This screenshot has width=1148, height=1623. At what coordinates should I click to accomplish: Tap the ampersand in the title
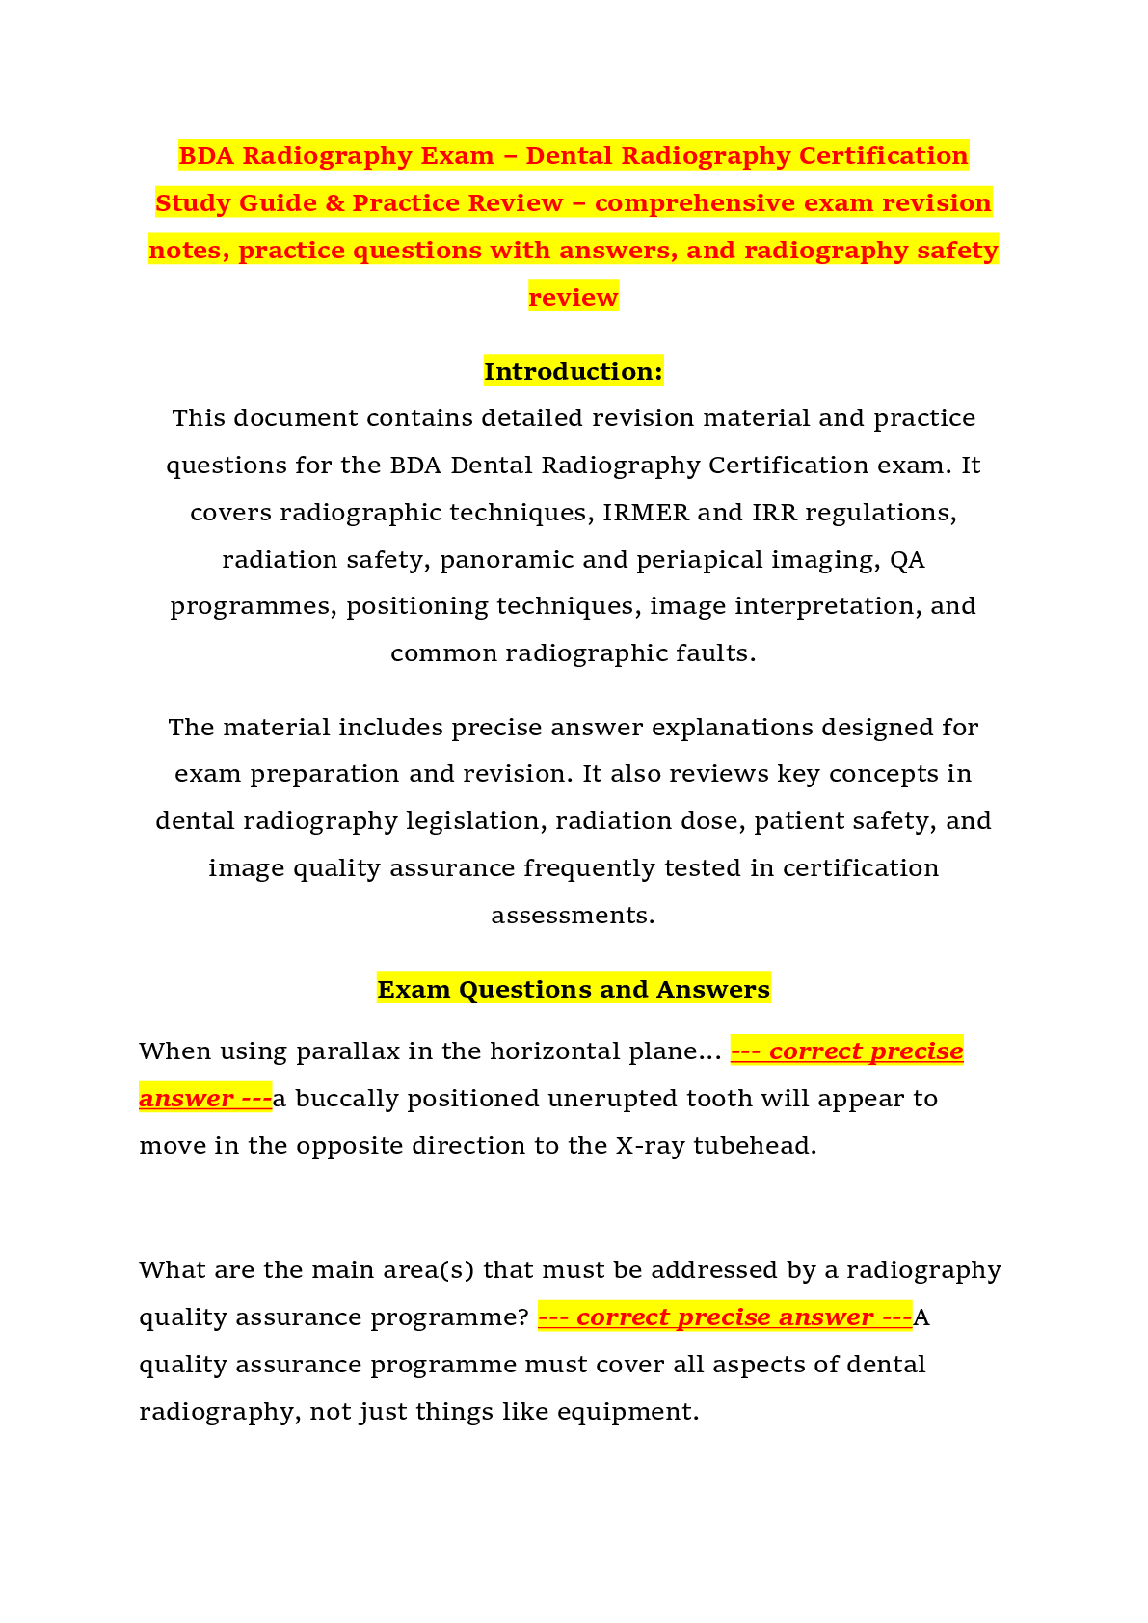[334, 202]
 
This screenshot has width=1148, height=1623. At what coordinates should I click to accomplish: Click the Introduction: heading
[574, 371]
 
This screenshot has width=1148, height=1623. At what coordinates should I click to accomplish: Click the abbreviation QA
[907, 559]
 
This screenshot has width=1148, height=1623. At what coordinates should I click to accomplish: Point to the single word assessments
[573, 916]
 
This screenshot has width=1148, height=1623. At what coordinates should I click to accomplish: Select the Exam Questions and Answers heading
[574, 989]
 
